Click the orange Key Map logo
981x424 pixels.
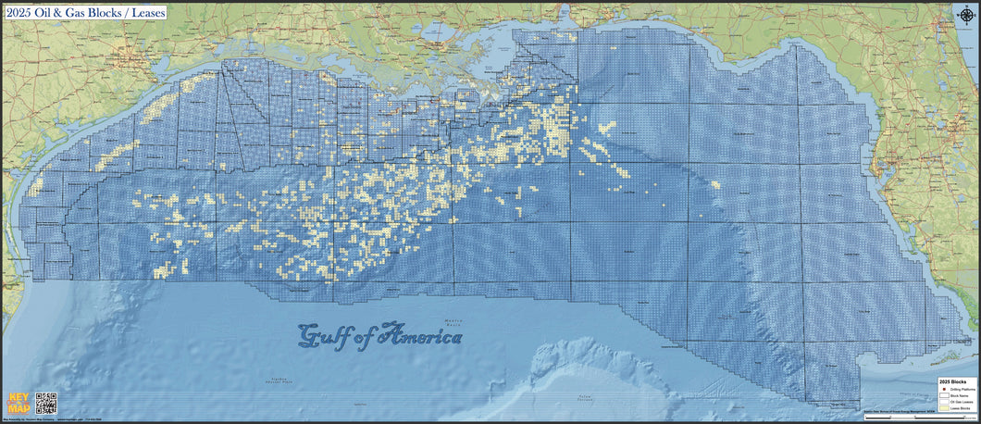pos(18,404)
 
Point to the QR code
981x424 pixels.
pos(46,403)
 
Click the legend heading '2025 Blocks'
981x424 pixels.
pos(952,380)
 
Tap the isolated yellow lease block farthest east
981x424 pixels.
pos(715,184)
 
